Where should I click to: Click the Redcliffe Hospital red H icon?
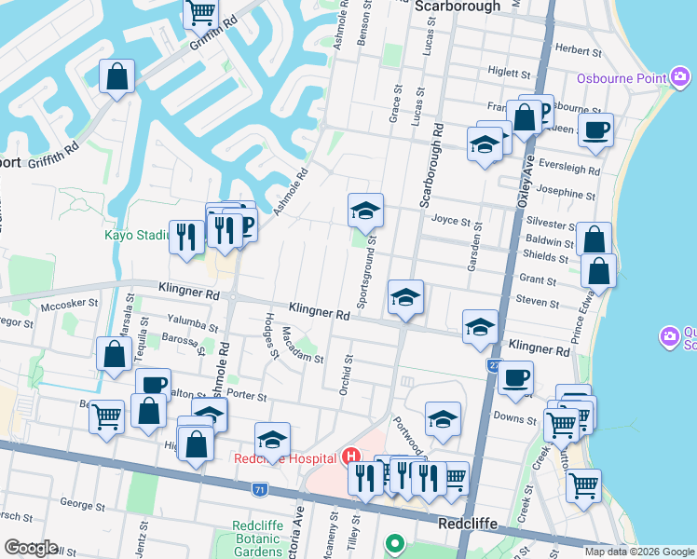351,457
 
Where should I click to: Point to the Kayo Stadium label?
134,235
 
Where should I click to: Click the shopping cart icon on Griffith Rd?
200,12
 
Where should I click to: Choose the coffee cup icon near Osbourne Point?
595,130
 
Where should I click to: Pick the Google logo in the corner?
31,548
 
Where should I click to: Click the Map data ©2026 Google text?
639,552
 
